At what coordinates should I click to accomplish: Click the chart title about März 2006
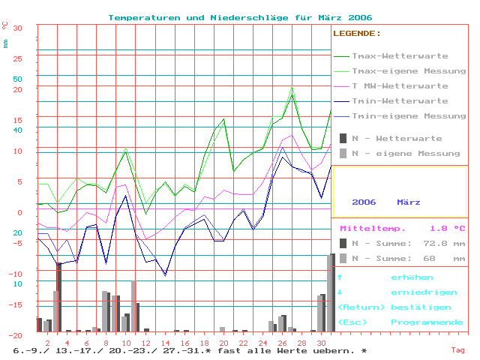(x=240, y=17)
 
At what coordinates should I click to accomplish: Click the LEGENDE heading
(x=357, y=34)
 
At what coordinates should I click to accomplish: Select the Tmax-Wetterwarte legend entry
(x=400, y=56)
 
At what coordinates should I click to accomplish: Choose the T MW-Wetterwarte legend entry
(x=400, y=86)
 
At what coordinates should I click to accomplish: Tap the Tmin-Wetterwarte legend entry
(x=400, y=101)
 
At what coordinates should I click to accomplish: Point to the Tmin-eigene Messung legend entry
(x=408, y=116)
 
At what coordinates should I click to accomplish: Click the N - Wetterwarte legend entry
(x=397, y=139)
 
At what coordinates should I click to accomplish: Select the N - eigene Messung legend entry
(x=406, y=154)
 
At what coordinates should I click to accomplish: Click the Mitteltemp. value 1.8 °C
(x=447, y=228)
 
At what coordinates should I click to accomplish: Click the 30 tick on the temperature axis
(x=18, y=28)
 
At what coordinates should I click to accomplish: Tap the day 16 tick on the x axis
(x=184, y=342)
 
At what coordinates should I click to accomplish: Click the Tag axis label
(x=457, y=349)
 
